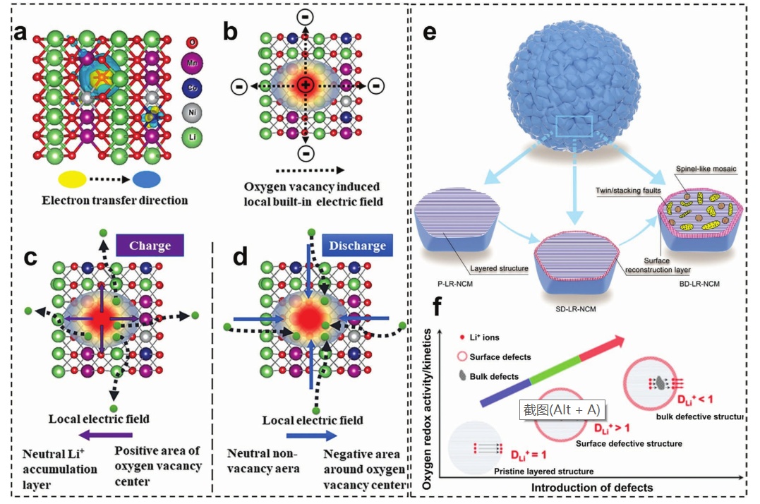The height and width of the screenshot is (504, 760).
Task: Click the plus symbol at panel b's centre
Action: click(x=305, y=85)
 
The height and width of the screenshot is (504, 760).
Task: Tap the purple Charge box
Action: click(x=149, y=246)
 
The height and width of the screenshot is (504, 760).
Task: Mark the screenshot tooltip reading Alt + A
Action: click(x=561, y=409)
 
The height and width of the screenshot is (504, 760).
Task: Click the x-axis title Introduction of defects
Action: click(x=592, y=487)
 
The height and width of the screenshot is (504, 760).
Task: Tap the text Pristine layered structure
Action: click(x=543, y=471)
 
